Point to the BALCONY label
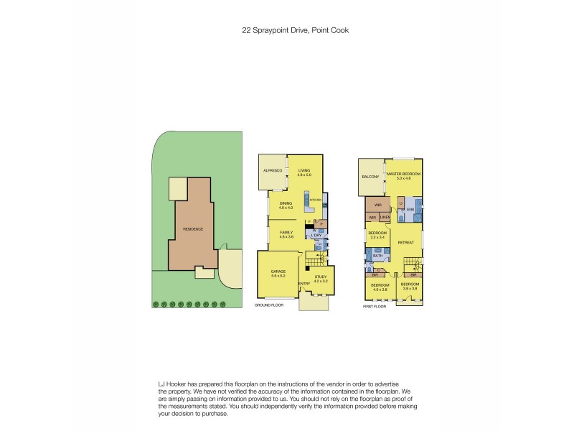click(370, 177)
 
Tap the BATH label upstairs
click(377, 255)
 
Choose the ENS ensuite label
click(411, 209)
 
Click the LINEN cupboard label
click(385, 217)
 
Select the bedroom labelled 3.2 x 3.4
click(377, 235)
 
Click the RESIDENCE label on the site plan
click(193, 229)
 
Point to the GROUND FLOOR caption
click(269, 305)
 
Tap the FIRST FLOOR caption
click(375, 307)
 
